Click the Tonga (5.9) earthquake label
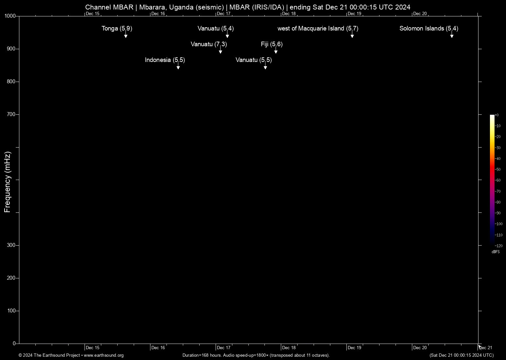[117, 29]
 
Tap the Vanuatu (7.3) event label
[209, 44]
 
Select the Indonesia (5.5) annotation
[165, 60]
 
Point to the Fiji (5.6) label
[272, 44]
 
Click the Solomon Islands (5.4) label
[429, 29]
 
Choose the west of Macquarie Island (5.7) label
[318, 29]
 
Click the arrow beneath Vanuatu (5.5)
[265, 67]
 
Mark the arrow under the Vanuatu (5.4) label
[227, 35]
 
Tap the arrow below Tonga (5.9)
[126, 35]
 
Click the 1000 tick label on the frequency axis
[10, 16]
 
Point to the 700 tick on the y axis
[11, 114]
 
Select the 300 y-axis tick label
[11, 245]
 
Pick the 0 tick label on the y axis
[14, 344]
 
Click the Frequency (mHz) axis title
[8, 182]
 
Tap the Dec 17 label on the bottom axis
[224, 348]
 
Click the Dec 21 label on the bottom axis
[486, 348]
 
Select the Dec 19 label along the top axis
[355, 14]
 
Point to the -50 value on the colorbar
[498, 170]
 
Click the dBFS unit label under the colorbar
[496, 252]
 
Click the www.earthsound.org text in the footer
[104, 355]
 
